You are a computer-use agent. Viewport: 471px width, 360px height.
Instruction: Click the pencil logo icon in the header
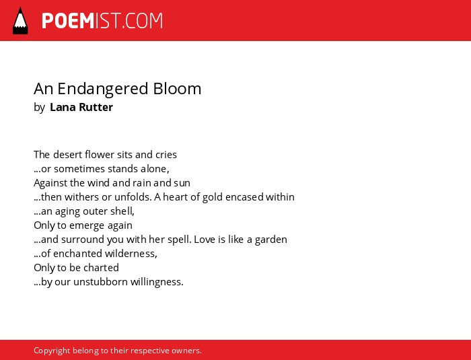pyautogui.click(x=20, y=20)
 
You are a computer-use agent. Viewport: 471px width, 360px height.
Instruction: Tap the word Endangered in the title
pyautogui.click(x=103, y=89)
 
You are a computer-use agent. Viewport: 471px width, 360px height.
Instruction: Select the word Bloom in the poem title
pyautogui.click(x=177, y=89)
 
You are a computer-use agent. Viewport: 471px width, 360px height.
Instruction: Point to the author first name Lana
pyautogui.click(x=63, y=107)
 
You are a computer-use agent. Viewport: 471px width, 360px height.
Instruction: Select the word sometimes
pyautogui.click(x=79, y=169)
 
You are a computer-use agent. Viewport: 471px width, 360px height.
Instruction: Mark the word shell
pyautogui.click(x=122, y=211)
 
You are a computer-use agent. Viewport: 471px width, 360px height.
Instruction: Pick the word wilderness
pyautogui.click(x=131, y=254)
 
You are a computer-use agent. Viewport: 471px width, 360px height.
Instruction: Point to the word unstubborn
pyautogui.click(x=101, y=282)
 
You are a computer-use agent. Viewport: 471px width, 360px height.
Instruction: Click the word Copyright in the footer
pyautogui.click(x=52, y=351)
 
